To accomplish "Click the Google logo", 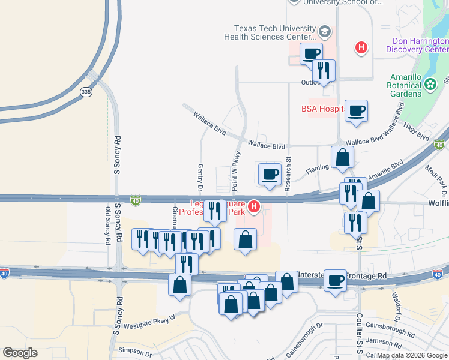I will click(20, 353).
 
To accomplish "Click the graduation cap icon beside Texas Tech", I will click(325, 31).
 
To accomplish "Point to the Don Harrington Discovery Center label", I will click(420, 45).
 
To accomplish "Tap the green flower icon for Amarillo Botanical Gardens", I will click(430, 85).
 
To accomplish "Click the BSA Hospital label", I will click(322, 109).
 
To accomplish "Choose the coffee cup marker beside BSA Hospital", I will click(356, 111).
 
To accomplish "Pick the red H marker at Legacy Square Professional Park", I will click(254, 207).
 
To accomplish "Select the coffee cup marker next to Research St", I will click(270, 175).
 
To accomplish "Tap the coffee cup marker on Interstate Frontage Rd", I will click(336, 280).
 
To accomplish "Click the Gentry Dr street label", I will click(200, 179).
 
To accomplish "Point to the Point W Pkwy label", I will click(236, 172).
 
